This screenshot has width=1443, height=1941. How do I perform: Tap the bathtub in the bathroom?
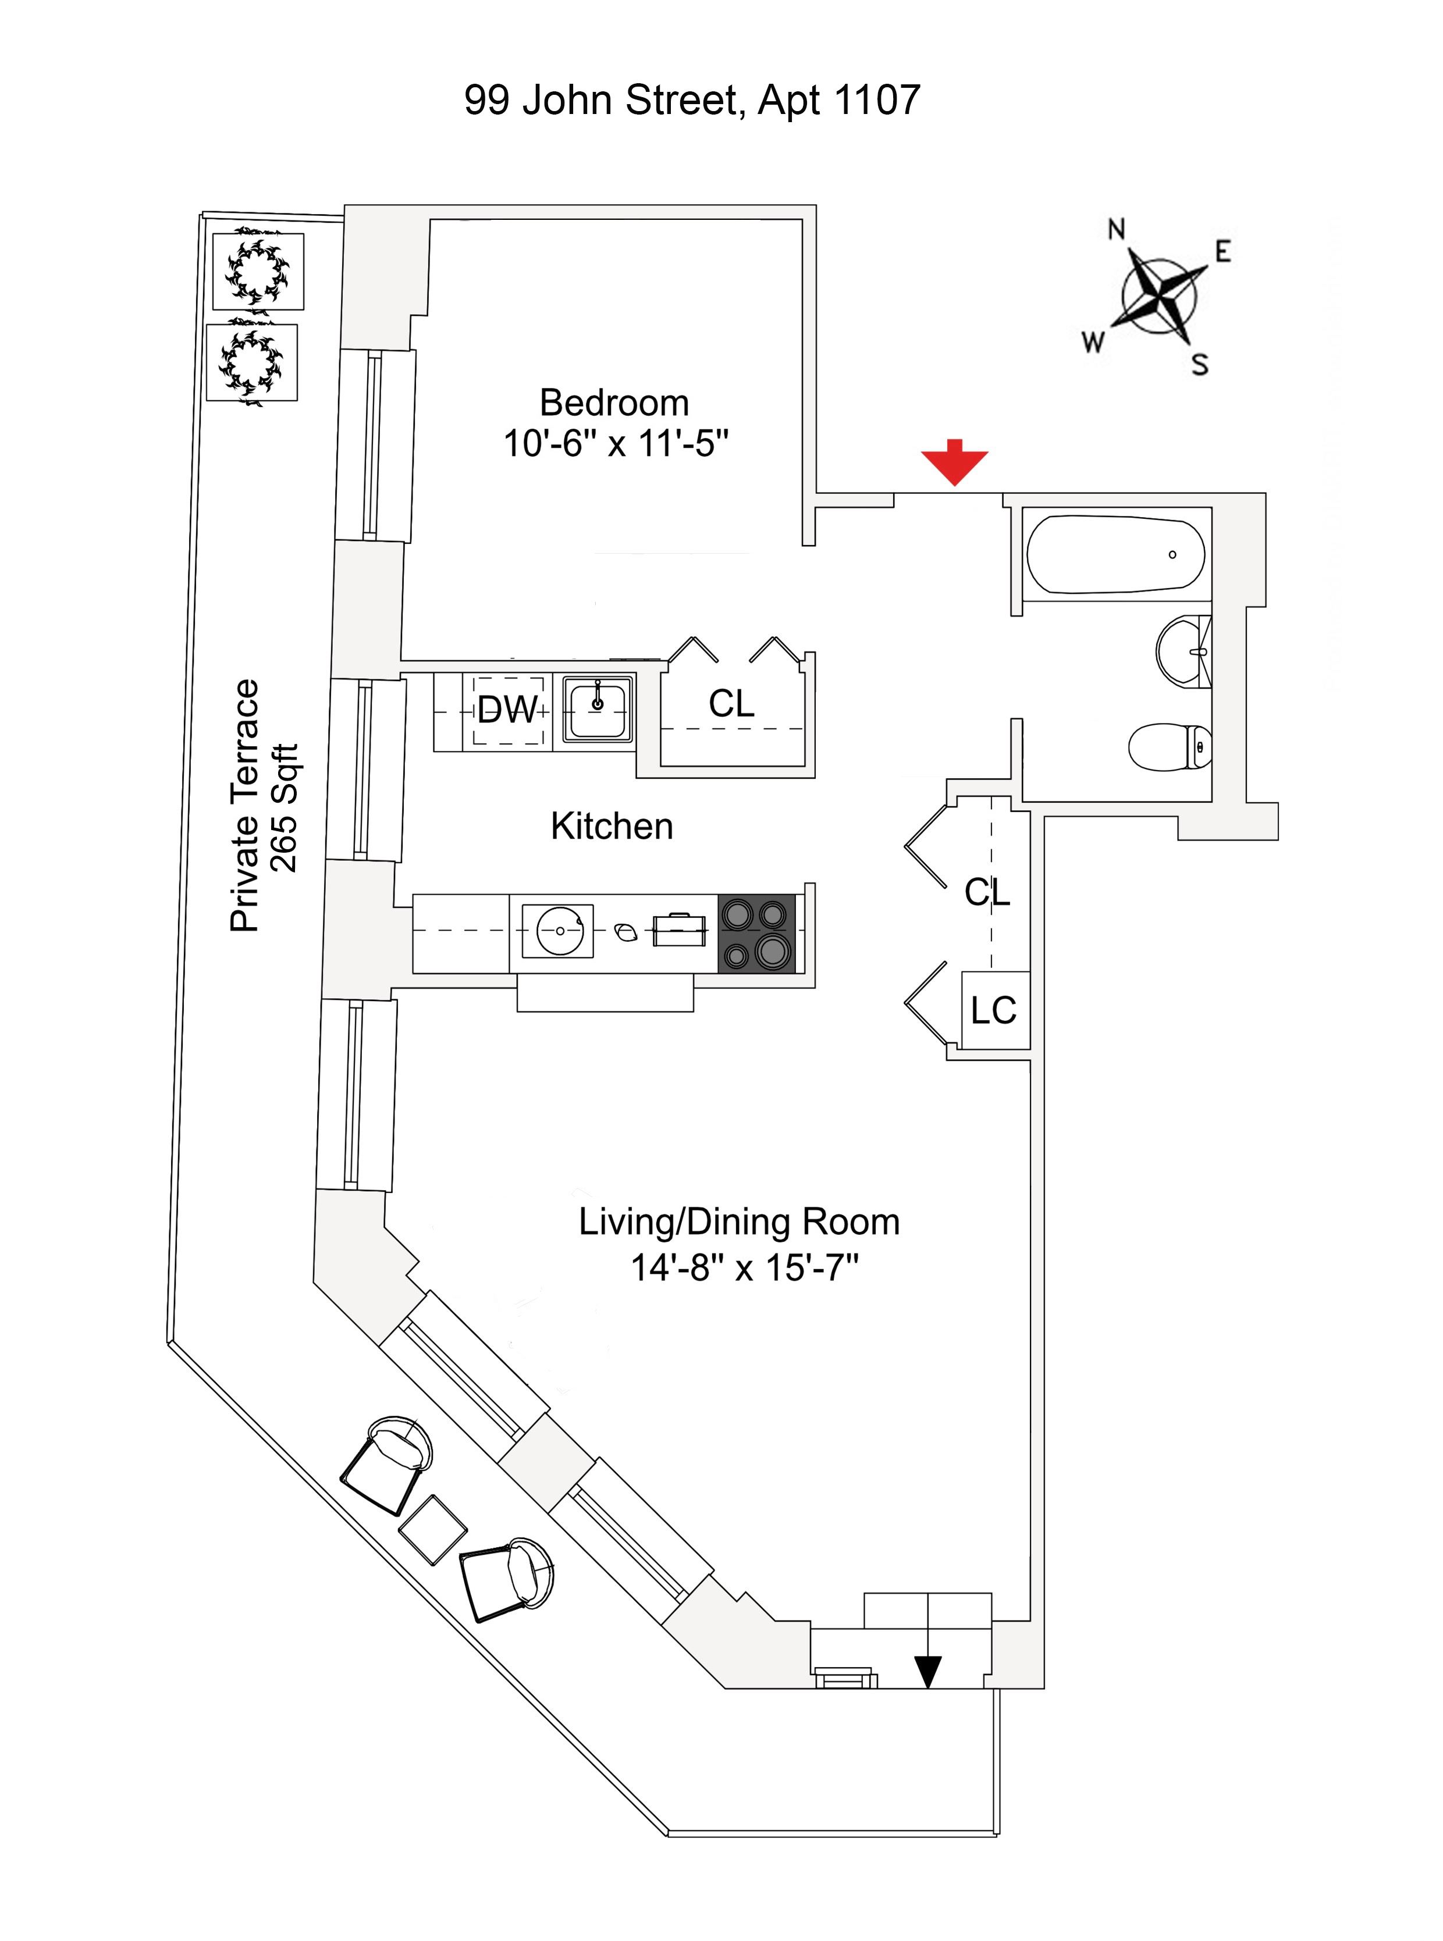(x=1115, y=554)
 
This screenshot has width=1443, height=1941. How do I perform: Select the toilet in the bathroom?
(x=1169, y=747)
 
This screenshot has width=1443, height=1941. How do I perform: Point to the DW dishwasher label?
(x=507, y=710)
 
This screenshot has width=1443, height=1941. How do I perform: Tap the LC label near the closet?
(x=994, y=1010)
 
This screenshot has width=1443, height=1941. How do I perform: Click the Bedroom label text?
(x=614, y=403)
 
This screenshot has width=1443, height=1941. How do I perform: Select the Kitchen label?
(x=612, y=826)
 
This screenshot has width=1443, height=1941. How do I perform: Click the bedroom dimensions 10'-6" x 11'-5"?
(x=616, y=444)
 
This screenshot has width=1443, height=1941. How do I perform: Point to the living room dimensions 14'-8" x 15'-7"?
(x=744, y=1267)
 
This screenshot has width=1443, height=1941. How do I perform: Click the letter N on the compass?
(x=1117, y=229)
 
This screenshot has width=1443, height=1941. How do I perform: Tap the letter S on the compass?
(x=1200, y=364)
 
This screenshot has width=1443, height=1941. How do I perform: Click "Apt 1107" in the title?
(x=838, y=101)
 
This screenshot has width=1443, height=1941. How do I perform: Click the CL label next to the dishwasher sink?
(x=731, y=703)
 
